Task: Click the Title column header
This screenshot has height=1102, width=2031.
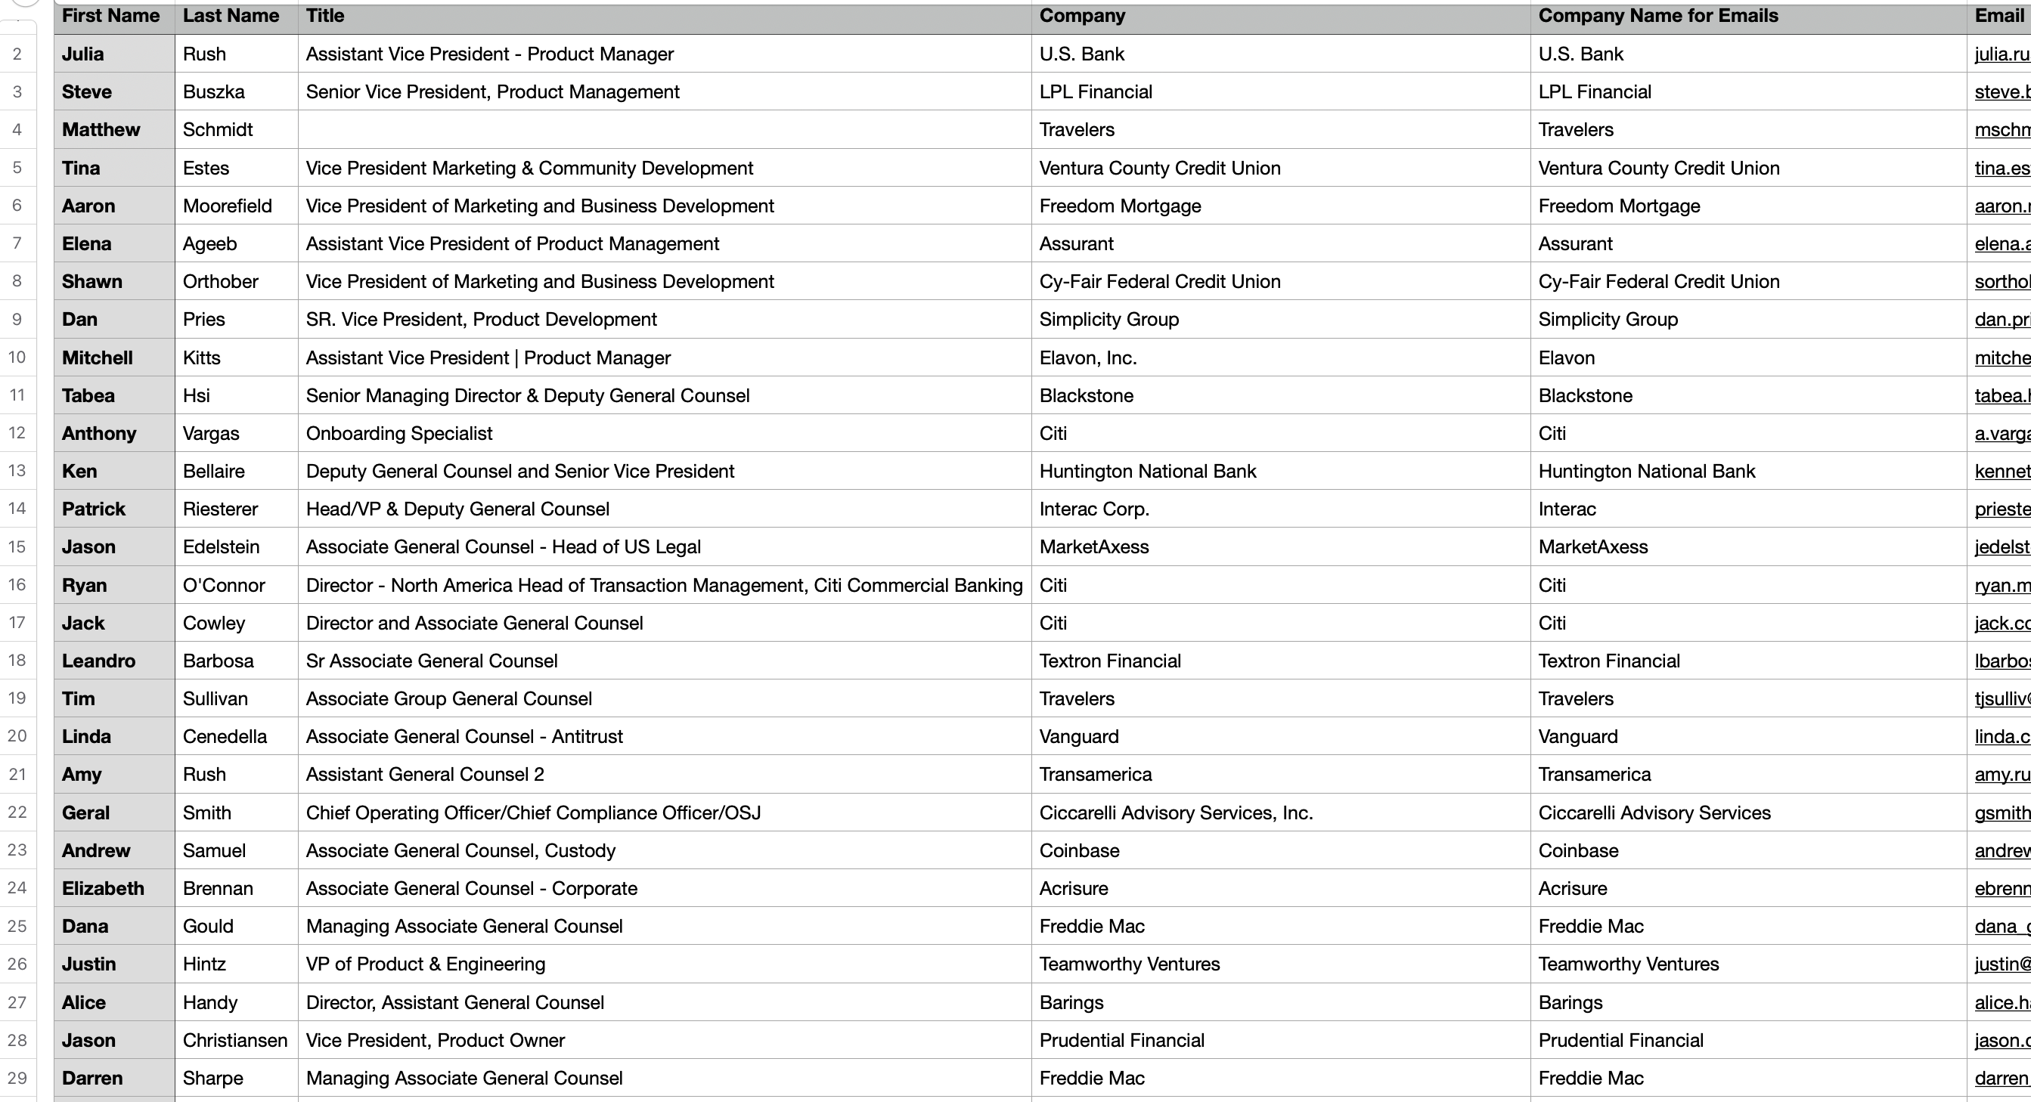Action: click(325, 17)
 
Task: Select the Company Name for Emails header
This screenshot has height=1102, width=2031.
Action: click(1657, 17)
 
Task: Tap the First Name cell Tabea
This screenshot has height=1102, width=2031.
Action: click(88, 396)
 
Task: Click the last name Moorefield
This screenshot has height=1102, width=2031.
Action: click(227, 206)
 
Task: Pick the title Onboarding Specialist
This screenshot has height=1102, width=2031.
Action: click(399, 434)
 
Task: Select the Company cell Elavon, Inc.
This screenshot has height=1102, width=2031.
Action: click(1087, 358)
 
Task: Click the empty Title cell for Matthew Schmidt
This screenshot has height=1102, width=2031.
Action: click(664, 130)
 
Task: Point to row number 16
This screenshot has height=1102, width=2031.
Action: click(17, 585)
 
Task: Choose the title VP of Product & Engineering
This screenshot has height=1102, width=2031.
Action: click(425, 964)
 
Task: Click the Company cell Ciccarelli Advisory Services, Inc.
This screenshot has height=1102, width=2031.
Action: click(1176, 813)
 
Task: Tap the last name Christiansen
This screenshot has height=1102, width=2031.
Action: click(235, 1041)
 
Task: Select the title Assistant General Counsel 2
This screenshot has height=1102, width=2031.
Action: click(425, 775)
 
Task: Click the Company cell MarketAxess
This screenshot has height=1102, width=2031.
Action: click(1093, 547)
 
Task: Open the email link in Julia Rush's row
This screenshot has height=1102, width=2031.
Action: click(2001, 54)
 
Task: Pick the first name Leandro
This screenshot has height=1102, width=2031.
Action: click(98, 661)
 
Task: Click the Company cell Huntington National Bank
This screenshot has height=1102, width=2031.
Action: click(1147, 472)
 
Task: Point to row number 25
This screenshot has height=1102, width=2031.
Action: click(17, 926)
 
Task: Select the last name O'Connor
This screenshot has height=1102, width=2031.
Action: click(224, 586)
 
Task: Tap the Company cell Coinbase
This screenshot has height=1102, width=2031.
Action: click(1078, 850)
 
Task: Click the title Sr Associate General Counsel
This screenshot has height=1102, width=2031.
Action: click(431, 661)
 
